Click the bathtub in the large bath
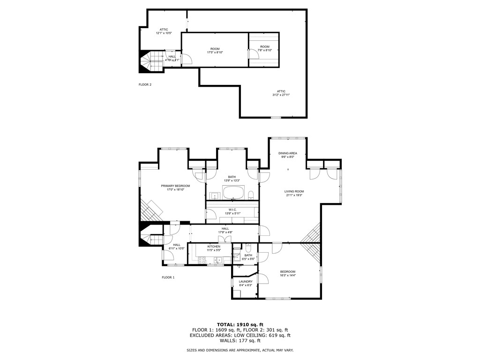(233, 193)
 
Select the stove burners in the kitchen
(202, 260)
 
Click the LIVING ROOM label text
(294, 191)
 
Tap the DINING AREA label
(287, 153)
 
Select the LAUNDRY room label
(246, 282)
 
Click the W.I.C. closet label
(232, 210)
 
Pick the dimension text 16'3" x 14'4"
(288, 276)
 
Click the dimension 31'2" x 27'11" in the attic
(281, 95)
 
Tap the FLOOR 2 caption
(145, 85)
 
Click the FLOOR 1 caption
(168, 277)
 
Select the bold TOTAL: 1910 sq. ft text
(240, 324)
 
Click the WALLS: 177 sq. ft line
(240, 341)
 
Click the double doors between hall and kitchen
(228, 240)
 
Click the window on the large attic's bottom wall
(276, 117)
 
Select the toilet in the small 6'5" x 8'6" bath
(249, 248)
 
